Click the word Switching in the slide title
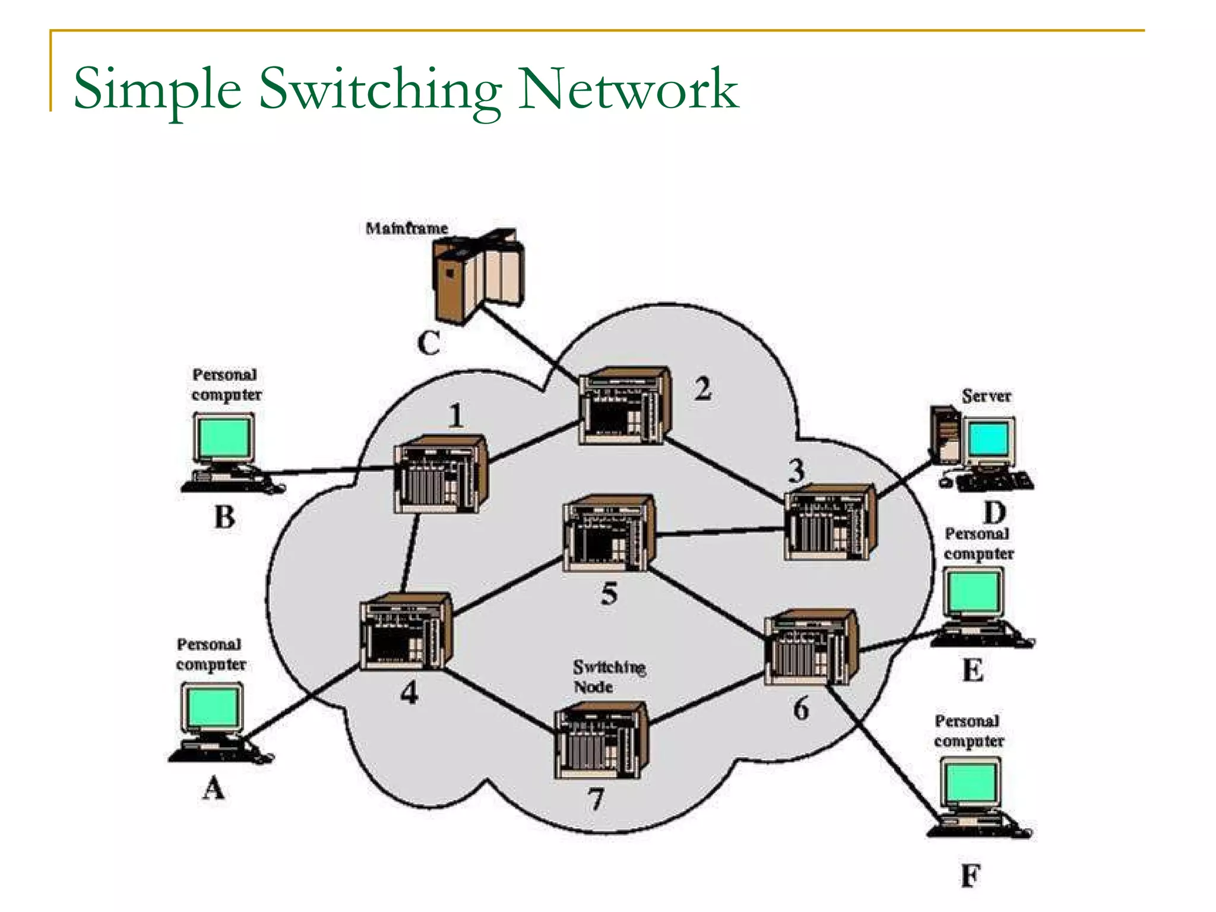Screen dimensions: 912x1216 380,89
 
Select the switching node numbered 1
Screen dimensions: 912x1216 441,475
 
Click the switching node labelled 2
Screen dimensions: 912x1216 625,407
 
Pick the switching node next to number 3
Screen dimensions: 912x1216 830,522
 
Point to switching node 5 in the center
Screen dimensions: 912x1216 609,534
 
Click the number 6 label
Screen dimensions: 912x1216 801,709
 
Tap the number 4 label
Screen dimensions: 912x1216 409,692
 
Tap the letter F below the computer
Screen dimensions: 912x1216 970,876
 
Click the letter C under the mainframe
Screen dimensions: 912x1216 429,343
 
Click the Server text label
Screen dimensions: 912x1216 986,396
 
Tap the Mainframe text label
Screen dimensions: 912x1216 407,228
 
